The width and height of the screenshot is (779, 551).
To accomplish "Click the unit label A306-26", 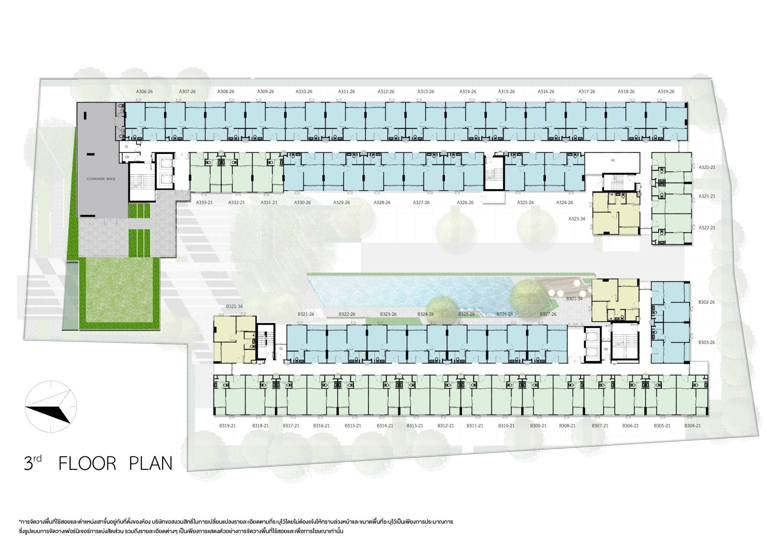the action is click(x=145, y=92).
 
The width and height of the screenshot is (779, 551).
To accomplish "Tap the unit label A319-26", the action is click(x=666, y=92).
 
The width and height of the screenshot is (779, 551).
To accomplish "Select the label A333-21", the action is click(x=204, y=203).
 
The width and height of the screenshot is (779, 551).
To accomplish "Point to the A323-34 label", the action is click(x=577, y=219).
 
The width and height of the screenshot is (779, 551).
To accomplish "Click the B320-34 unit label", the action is click(x=234, y=306).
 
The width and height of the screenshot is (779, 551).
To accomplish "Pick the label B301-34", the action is click(x=574, y=299).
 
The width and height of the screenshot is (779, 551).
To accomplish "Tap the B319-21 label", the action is click(x=227, y=426).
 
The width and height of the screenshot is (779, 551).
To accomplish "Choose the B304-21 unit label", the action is click(x=692, y=426).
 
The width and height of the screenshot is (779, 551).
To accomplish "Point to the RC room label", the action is click(x=613, y=161).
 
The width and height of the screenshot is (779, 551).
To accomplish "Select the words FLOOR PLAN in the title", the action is click(x=116, y=463).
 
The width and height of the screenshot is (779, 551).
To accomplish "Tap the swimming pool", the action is click(x=411, y=291).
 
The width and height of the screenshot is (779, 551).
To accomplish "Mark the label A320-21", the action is click(x=707, y=167).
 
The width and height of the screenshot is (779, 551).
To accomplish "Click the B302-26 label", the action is click(x=707, y=303).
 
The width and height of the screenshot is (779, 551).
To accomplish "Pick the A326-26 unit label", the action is click(x=465, y=203).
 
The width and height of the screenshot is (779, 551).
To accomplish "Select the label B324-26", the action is click(x=426, y=314).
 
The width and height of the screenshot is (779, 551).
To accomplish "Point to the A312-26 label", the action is click(x=386, y=92).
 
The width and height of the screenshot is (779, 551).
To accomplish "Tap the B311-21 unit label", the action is click(x=475, y=426).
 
